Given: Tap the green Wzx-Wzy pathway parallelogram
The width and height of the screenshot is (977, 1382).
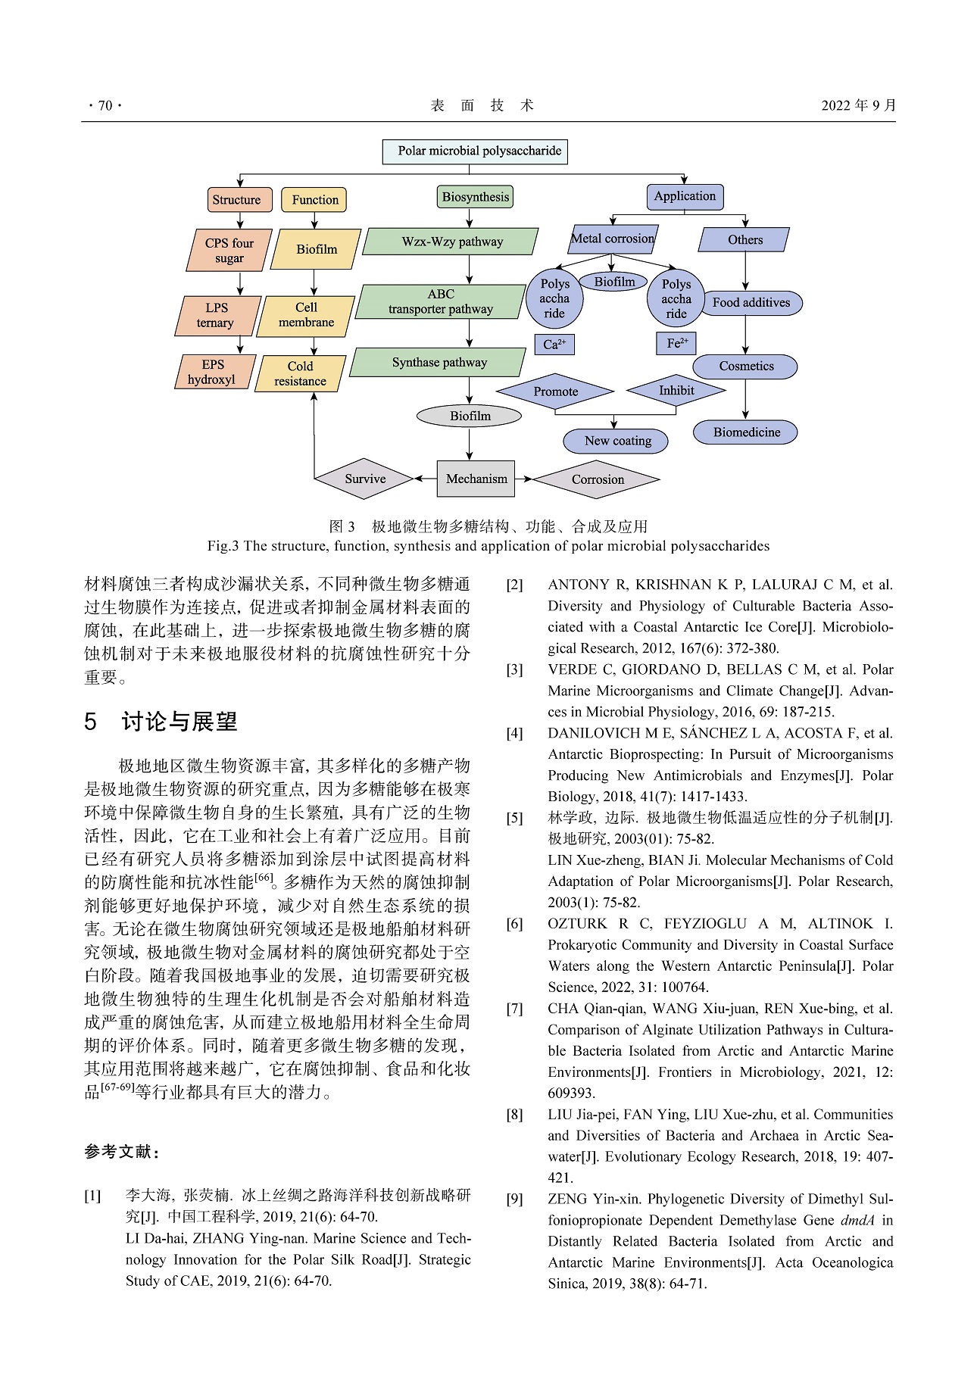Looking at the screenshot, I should (x=451, y=242).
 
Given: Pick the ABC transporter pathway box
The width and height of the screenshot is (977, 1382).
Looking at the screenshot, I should (x=441, y=301).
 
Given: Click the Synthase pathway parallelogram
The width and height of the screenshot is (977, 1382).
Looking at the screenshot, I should (x=439, y=363).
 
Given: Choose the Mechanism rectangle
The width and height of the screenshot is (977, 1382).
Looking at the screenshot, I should (x=476, y=479).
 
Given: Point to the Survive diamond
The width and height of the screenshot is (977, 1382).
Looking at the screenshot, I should (x=365, y=479).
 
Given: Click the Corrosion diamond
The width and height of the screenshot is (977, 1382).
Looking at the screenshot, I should (x=597, y=479).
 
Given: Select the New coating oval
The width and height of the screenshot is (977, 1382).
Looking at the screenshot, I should (x=616, y=441).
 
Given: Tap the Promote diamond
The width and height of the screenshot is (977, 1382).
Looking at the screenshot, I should (x=555, y=392).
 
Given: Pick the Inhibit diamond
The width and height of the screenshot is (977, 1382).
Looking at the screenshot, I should (x=676, y=391).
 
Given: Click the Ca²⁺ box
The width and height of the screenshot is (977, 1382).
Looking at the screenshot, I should (x=554, y=345).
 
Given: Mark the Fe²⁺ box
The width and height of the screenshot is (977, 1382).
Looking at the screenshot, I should (x=676, y=343).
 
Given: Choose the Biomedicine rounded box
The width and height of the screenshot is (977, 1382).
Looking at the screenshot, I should (x=746, y=432).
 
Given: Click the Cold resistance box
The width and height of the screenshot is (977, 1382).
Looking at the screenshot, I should (x=300, y=374).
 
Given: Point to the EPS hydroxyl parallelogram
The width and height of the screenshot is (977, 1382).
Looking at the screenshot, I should (x=213, y=372).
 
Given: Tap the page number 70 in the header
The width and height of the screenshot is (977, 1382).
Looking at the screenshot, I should (x=105, y=106).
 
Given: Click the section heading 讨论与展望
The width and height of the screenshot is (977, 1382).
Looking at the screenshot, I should (x=179, y=722).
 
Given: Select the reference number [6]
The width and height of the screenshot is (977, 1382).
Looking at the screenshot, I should (x=515, y=924).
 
